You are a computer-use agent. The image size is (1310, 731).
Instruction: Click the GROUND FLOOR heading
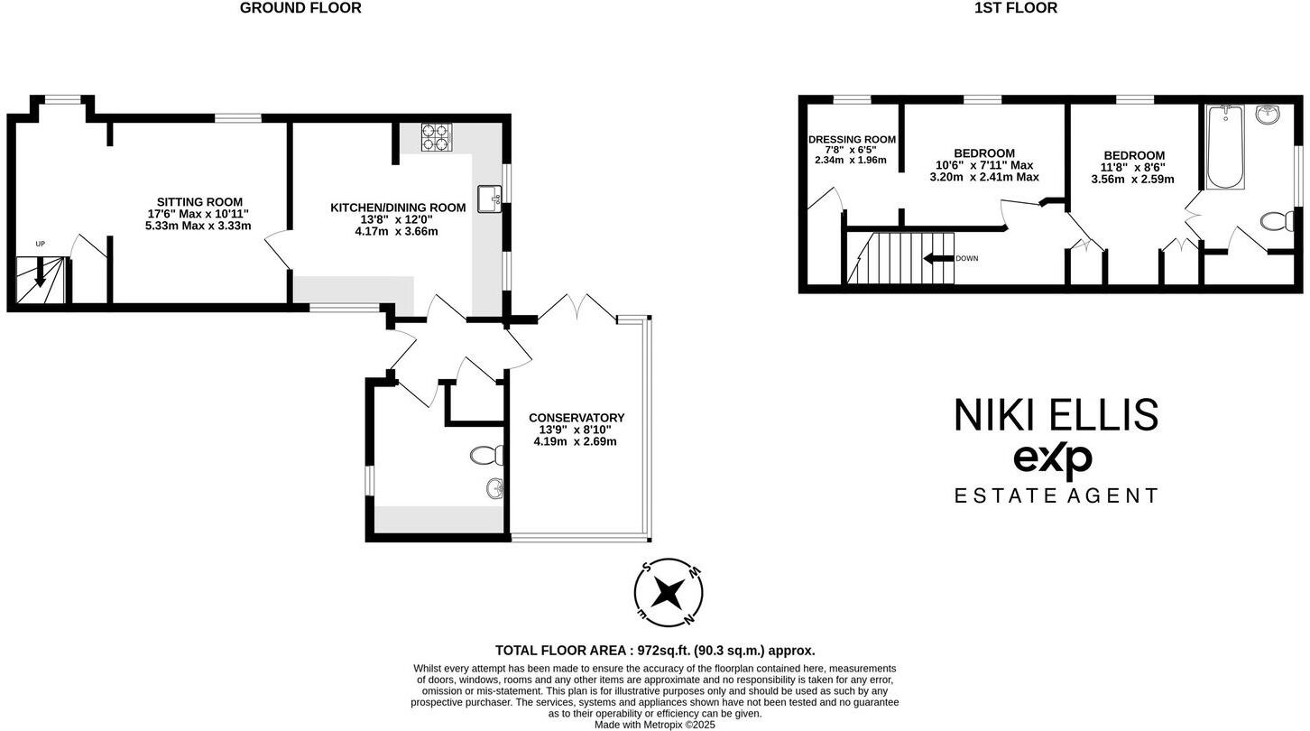tap(300, 8)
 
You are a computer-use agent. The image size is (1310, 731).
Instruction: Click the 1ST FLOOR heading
tap(1015, 8)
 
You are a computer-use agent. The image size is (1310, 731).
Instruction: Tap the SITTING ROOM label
tap(199, 202)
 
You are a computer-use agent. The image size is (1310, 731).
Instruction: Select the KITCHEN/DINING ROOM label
tap(398, 208)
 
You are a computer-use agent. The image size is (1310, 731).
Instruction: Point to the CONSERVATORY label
tap(577, 418)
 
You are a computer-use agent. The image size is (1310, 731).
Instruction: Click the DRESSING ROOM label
tap(852, 139)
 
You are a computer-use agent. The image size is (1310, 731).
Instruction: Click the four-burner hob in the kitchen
tap(435, 137)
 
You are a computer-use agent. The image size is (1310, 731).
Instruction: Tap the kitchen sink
tap(489, 199)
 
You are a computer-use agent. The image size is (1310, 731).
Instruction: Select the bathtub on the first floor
tap(1225, 147)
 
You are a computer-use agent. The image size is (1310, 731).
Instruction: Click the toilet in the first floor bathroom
tap(1277, 222)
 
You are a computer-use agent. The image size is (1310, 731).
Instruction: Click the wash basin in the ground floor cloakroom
tap(494, 489)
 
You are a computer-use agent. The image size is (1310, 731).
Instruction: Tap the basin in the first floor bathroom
tap(1268, 115)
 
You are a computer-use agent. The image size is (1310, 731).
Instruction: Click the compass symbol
tap(669, 593)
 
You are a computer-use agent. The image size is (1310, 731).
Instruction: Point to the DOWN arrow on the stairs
tap(938, 258)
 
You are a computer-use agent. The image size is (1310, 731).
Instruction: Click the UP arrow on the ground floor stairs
tap(40, 271)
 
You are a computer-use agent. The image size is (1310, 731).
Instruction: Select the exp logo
tap(1053, 460)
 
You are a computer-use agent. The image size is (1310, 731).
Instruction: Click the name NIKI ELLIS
tap(1056, 415)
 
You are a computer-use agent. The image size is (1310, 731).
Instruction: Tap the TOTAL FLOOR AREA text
tap(655, 650)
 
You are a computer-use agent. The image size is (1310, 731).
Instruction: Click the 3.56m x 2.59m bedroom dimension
tap(1132, 179)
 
